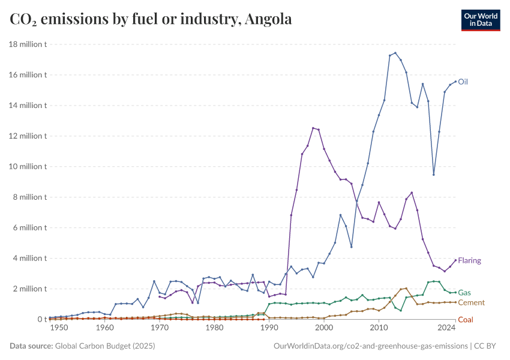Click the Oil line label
coord(463,82)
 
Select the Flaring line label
coord(469,261)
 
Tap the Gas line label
coord(464,292)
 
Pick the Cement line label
coord(471,303)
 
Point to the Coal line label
coord(465,320)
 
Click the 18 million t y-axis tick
coord(28,44)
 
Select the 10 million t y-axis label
coord(28,167)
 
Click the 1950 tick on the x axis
coord(59,328)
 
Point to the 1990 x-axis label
coord(269,328)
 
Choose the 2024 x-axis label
coord(446,328)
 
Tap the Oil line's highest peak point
coord(395,53)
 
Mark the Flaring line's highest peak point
coord(313,128)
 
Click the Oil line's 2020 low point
coord(433,175)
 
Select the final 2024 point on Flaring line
coord(455,260)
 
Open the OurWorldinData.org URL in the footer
coord(370,346)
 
